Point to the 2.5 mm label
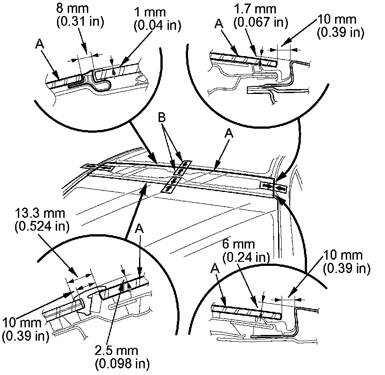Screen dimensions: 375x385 122,350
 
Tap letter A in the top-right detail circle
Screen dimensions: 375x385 218,23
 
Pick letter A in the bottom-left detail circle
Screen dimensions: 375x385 139,228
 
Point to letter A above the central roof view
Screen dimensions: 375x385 229,133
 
